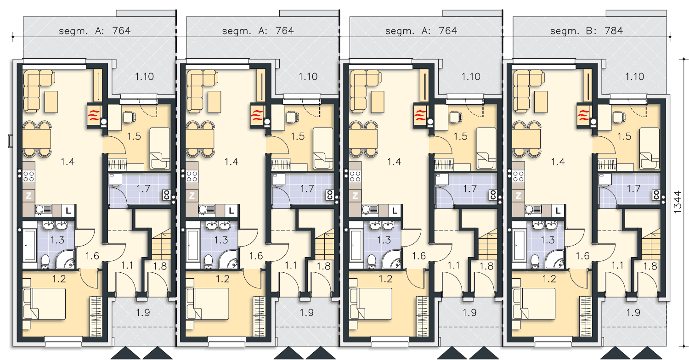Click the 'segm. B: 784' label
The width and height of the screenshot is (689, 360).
pos(586,31)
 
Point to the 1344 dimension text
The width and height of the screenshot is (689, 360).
pos(678,202)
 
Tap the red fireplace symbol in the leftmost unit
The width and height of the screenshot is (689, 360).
pos(95,116)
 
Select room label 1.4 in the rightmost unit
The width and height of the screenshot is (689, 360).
pos(558,162)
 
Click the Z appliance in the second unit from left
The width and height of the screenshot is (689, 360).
pos(192,195)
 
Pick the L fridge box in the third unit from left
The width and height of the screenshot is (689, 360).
pos(395,211)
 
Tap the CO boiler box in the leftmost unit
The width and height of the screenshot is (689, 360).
pos(167,194)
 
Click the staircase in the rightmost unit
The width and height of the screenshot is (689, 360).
pos(651,245)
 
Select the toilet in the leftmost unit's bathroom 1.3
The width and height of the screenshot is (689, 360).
pos(45,261)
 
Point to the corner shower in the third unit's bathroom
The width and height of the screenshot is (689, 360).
pos(392,259)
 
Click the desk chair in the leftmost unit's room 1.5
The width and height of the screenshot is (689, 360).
pos(130,117)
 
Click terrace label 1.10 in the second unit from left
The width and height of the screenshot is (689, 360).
pos(308,77)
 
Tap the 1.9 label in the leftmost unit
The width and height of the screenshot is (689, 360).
pos(143,313)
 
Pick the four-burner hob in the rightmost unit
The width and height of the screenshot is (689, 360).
pos(518,176)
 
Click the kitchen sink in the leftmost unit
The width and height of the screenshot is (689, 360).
pos(43,210)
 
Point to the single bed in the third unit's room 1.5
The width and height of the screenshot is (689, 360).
pos(486,148)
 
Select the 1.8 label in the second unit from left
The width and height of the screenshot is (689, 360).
pos(323,266)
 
